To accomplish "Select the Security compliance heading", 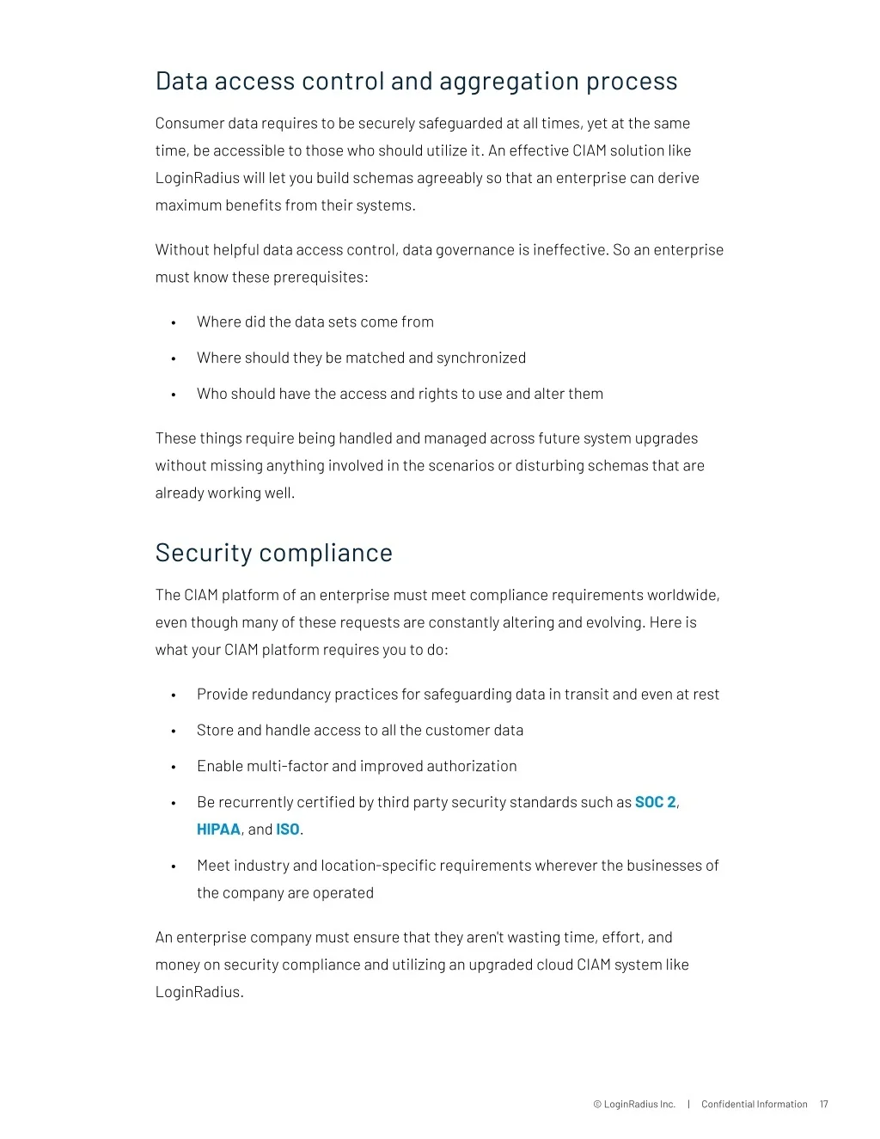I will (273, 553).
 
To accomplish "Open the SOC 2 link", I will (656, 802).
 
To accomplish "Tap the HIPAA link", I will (218, 830).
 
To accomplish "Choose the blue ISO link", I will (288, 830).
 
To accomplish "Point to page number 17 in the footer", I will (823, 1105).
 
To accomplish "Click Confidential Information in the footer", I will (754, 1105).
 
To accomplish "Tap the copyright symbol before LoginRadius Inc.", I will (597, 1105).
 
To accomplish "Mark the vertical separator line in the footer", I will (688, 1105).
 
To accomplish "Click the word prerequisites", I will (320, 278).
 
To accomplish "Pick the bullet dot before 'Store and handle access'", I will (174, 732).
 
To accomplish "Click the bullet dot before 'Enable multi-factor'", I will (174, 768).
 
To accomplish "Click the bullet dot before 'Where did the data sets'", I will (174, 323).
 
